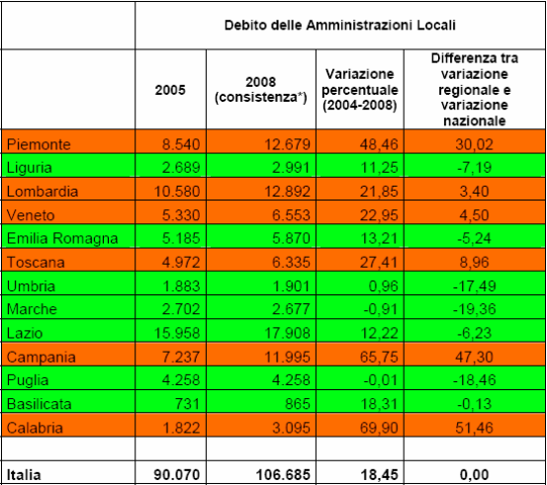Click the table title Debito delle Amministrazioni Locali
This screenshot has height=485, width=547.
tap(340, 25)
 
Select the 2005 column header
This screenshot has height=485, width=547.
tap(170, 90)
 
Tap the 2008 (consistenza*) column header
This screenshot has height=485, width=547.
tap(260, 90)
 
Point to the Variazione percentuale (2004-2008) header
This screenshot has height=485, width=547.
tap(360, 90)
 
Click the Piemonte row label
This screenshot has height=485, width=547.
tap(39, 144)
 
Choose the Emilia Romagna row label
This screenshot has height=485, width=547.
tap(62, 238)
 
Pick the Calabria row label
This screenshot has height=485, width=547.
tap(35, 428)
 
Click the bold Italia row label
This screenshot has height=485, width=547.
tap(24, 474)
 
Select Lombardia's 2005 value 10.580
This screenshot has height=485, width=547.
tap(177, 192)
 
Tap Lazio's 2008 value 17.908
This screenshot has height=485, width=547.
tap(287, 333)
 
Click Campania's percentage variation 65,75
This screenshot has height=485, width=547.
tap(379, 357)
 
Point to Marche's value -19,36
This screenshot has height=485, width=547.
tap(474, 309)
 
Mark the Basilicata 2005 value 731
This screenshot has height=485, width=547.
tap(187, 404)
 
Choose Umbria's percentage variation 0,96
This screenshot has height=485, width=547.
tap(384, 286)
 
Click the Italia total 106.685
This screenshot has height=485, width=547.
tap(283, 474)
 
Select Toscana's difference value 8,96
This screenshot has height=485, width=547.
tap(474, 262)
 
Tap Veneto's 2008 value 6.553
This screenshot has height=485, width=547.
tap(291, 215)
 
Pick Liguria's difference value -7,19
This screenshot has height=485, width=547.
tap(474, 168)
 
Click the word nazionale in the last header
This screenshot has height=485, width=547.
tap(475, 121)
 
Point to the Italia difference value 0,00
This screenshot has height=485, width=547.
tap(474, 474)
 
